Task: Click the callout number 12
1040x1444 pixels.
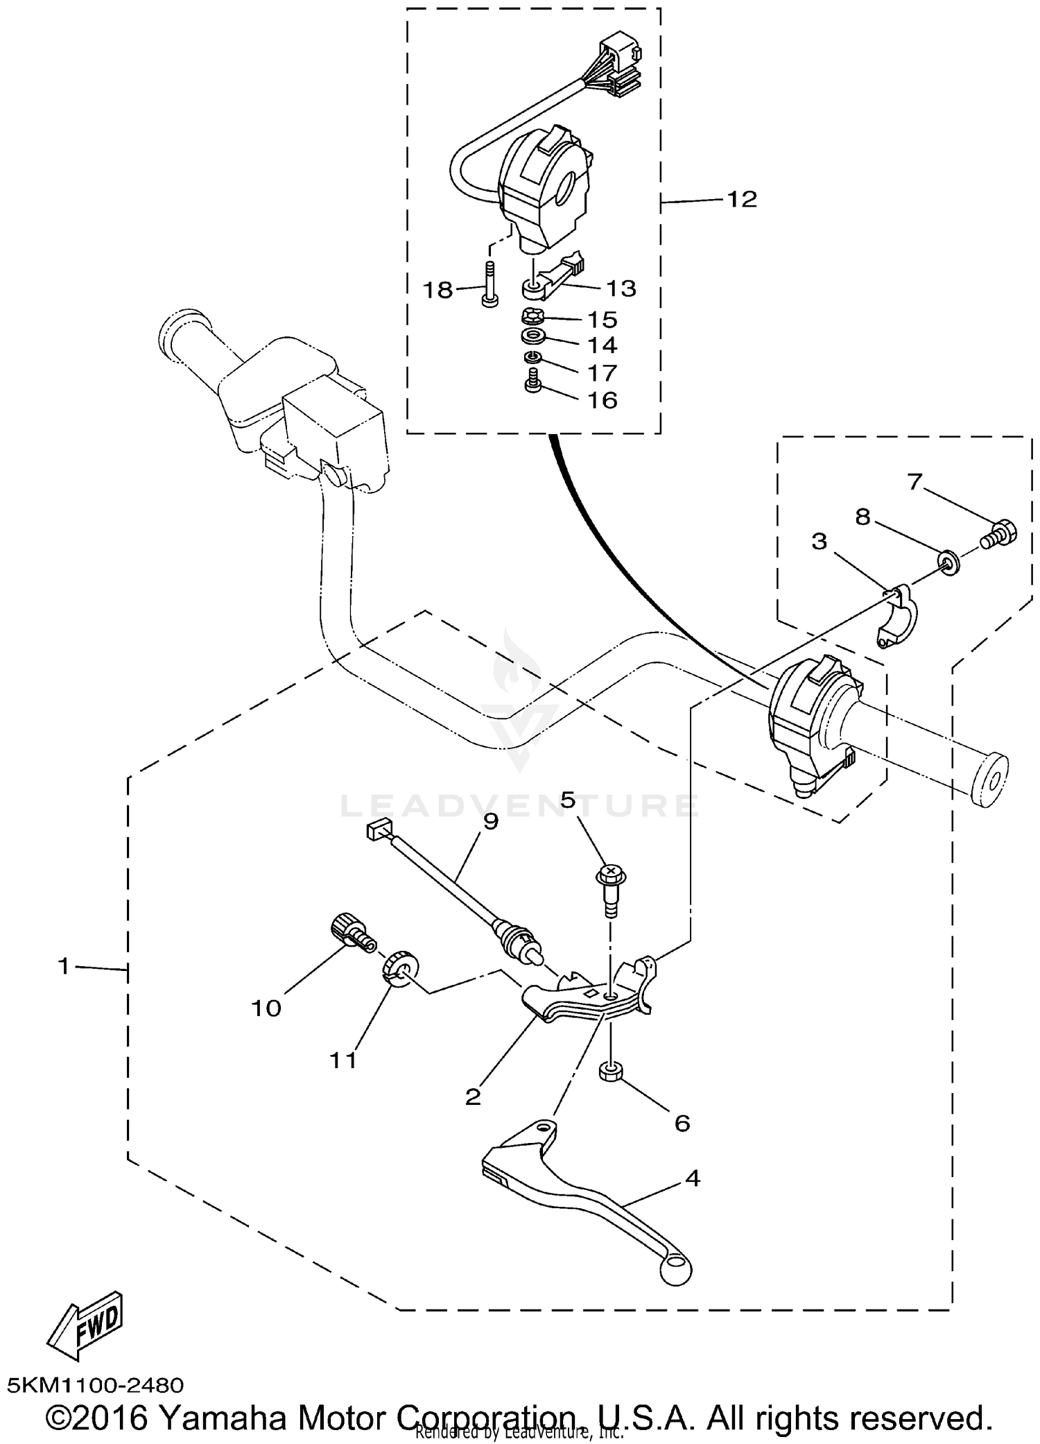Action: pos(741,200)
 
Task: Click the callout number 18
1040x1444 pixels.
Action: pos(437,289)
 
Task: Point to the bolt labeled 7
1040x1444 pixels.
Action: pos(998,534)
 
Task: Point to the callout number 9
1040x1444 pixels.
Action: pos(490,821)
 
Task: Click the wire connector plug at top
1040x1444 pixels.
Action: pos(621,66)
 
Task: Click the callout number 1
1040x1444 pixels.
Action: pos(64,966)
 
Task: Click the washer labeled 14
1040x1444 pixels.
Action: pos(532,337)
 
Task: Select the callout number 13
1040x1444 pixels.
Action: pos(621,289)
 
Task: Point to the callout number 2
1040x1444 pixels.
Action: pos(473,1097)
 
